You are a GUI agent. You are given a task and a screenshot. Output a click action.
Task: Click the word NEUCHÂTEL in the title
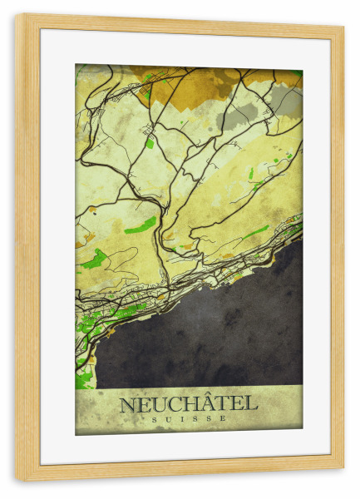[188, 404]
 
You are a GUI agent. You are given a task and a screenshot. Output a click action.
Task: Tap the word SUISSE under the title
[189, 419]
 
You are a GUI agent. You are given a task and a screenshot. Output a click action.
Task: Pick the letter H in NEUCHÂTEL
[187, 405]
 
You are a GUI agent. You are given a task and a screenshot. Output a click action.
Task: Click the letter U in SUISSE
[167, 419]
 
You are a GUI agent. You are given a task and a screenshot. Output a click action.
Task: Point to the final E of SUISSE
[224, 419]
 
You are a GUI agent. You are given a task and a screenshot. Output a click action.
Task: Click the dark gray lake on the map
[208, 333]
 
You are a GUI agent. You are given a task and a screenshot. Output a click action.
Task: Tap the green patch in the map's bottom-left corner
[83, 379]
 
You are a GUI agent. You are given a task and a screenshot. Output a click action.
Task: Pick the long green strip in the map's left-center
[140, 225]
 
